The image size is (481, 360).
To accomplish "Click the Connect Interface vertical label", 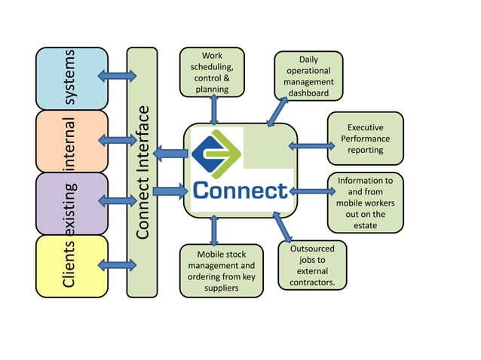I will (142, 172).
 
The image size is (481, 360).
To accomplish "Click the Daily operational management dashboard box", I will (308, 76).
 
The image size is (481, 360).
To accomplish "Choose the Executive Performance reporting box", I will (365, 139).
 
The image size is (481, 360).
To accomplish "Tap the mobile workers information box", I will (365, 203).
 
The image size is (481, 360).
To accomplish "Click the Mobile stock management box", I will (222, 270).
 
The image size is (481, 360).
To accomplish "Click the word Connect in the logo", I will (240, 191).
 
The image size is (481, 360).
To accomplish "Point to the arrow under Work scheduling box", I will (214, 110).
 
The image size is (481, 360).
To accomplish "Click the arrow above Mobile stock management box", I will (214, 230).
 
